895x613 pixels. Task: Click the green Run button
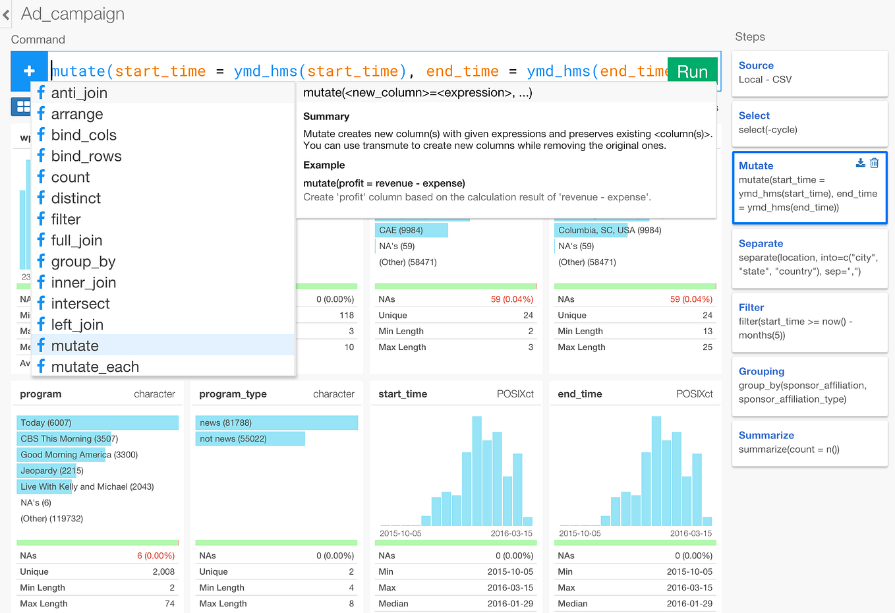pyautogui.click(x=692, y=71)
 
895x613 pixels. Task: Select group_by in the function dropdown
pyautogui.click(x=83, y=262)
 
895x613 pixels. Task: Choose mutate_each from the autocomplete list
pyautogui.click(x=95, y=367)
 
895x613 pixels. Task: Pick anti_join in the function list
pyautogui.click(x=79, y=93)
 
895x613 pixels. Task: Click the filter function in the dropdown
pyautogui.click(x=66, y=219)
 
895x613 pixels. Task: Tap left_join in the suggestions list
pyautogui.click(x=77, y=325)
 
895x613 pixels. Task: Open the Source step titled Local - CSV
pyautogui.click(x=756, y=66)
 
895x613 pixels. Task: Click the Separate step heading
pyautogui.click(x=761, y=244)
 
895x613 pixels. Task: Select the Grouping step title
pyautogui.click(x=761, y=372)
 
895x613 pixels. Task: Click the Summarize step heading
pyautogui.click(x=766, y=436)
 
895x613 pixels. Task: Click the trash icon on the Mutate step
pyautogui.click(x=874, y=163)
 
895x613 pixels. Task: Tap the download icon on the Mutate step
pyautogui.click(x=860, y=163)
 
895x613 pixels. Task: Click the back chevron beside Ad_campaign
pyautogui.click(x=7, y=15)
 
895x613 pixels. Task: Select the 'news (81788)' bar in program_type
pyautogui.click(x=276, y=423)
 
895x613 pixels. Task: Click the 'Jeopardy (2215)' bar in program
pyautogui.click(x=51, y=471)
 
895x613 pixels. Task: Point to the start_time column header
pyautogui.click(x=403, y=394)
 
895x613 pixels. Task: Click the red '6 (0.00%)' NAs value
pyautogui.click(x=156, y=556)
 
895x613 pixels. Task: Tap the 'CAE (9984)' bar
pyautogui.click(x=411, y=230)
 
